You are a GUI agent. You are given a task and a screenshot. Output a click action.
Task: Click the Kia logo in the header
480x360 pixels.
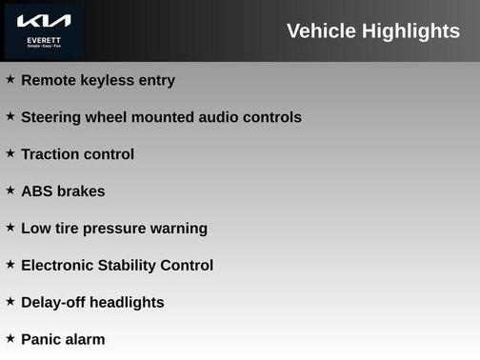coord(44,21)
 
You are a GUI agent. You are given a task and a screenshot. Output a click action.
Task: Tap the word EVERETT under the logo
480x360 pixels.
coord(44,39)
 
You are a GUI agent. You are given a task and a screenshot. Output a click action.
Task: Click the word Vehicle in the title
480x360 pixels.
coord(325,31)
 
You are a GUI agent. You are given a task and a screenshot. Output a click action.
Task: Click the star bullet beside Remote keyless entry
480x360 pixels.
coord(10,79)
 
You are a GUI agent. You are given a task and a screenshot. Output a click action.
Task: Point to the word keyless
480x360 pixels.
coord(109,80)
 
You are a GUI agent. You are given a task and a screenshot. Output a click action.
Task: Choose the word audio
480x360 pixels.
coord(221,117)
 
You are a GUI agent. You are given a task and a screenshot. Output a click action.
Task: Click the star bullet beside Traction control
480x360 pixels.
coord(10,152)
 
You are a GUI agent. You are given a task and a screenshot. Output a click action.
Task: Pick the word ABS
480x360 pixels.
coord(37,191)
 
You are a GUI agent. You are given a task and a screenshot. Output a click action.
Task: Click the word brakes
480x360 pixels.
coord(81,191)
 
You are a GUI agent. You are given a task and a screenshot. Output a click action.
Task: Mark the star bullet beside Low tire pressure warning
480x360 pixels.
coord(10,227)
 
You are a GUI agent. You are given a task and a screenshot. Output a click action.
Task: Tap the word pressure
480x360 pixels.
coord(118,229)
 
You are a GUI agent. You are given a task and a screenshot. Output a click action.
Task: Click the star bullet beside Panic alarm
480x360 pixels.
coord(10,338)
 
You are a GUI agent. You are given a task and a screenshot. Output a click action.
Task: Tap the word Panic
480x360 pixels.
coord(42,340)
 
